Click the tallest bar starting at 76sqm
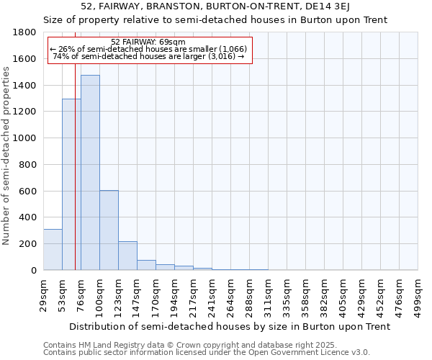tap(90, 173)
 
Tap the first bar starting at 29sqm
tap(53, 249)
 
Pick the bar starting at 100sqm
tap(109, 230)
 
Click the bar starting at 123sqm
tap(127, 256)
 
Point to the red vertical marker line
tap(75, 166)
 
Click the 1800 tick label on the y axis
tap(25, 32)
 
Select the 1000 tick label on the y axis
tap(25, 138)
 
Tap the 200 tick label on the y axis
tap(28, 244)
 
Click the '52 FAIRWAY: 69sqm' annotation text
tap(149, 42)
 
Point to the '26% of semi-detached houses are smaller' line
tap(148, 49)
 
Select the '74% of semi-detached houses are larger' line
tap(149, 56)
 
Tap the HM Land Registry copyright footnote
tap(206, 345)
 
